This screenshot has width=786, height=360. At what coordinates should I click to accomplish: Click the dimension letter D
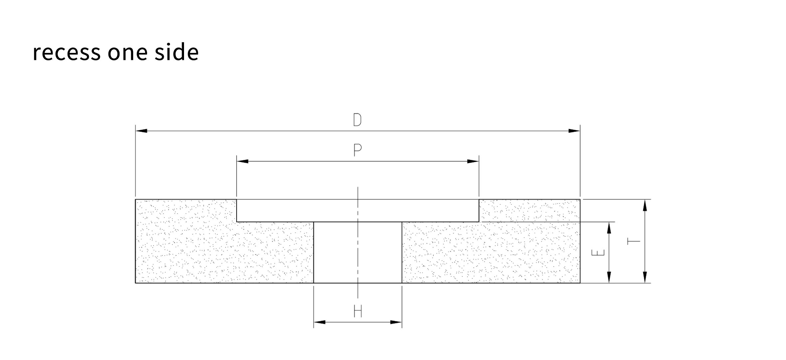357,120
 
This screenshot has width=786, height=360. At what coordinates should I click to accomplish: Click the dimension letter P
357,150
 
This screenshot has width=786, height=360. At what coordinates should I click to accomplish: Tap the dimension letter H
357,311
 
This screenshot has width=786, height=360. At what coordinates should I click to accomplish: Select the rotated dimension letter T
634,241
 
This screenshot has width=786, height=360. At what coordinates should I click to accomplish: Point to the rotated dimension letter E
598,253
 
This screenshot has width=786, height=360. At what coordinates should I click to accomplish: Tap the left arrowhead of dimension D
141,131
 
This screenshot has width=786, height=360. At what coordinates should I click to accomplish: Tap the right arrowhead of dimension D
574,131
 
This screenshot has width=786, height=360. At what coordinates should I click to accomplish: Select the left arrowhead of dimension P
243,161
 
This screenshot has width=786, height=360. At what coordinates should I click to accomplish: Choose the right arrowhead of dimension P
473,161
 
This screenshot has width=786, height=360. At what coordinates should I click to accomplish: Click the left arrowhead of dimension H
319,322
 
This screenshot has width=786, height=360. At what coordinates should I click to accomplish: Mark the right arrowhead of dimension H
396,322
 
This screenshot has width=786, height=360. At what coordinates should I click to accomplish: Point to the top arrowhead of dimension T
645,205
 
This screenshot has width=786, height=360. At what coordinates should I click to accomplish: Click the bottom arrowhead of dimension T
645,277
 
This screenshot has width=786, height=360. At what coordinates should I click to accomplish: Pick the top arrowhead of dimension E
609,228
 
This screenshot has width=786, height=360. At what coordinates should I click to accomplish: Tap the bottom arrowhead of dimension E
609,277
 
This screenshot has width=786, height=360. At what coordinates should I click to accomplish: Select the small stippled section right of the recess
529,211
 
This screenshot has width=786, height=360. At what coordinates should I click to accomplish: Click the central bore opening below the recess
358,252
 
